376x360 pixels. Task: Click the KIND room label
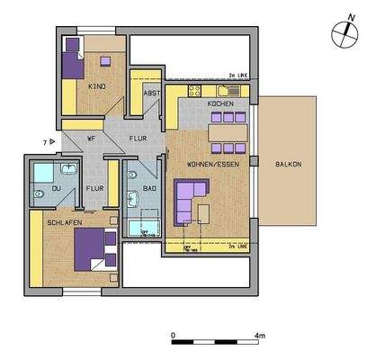click(x=96, y=86)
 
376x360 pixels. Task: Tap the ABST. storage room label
click(x=152, y=94)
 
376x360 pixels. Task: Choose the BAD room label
click(x=150, y=189)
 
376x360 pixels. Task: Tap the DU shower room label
click(x=56, y=188)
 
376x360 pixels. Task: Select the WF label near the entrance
click(x=91, y=139)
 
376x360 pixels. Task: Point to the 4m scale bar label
click(x=259, y=335)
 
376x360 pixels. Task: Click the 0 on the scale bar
click(x=172, y=335)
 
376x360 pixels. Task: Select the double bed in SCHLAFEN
click(x=94, y=247)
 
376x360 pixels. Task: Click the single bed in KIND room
click(x=72, y=60)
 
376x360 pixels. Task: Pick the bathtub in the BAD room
click(x=144, y=227)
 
